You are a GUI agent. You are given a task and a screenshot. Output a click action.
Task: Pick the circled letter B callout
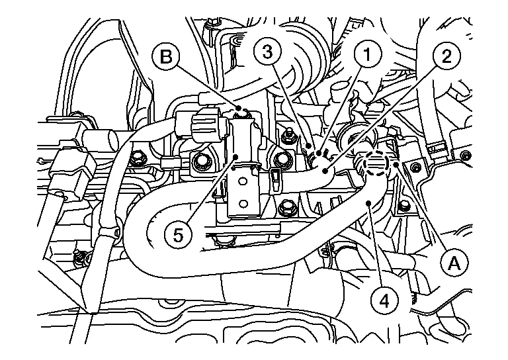167,57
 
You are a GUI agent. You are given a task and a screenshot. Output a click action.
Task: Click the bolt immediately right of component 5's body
282,159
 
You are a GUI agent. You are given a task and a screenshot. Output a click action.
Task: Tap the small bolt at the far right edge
466,157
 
